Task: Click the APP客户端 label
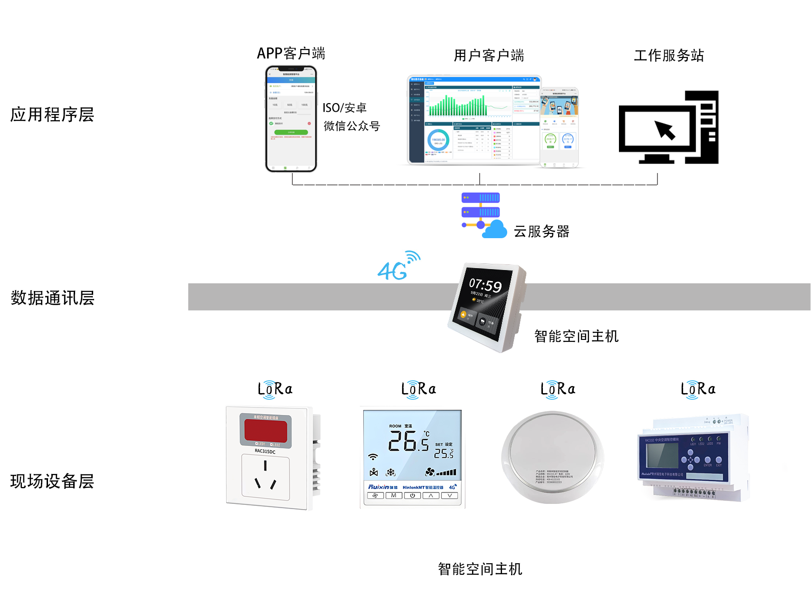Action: [x=291, y=53]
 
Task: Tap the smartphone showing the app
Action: [x=291, y=119]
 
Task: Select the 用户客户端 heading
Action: [x=489, y=56]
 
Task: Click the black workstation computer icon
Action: [x=668, y=127]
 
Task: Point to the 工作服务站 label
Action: [x=669, y=56]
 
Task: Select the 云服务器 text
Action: [x=541, y=232]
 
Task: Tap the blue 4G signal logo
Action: [x=398, y=266]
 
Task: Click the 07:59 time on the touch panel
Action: [x=485, y=285]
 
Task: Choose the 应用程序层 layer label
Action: [x=52, y=115]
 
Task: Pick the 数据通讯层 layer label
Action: [x=52, y=298]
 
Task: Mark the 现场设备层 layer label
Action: [x=52, y=481]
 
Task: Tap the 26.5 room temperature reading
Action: [x=408, y=441]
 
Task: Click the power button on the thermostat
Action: [x=412, y=495]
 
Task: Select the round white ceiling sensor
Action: [x=552, y=457]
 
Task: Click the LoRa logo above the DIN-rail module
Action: [x=698, y=389]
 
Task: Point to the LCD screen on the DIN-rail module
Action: [x=662, y=455]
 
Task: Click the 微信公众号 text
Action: [x=352, y=126]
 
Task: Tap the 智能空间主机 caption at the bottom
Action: [x=480, y=569]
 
